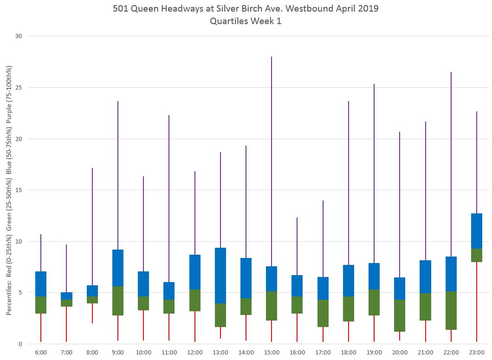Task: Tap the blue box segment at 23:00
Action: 477,231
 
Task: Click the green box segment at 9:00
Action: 118,301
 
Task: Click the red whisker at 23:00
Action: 477,302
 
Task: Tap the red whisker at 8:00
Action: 92,313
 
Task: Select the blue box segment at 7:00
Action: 66,296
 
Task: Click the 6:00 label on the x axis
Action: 41,353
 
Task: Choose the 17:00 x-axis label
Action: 323,353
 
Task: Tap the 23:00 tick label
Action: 477,353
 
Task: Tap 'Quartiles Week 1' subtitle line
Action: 246,21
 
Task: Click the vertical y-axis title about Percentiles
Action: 9,190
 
